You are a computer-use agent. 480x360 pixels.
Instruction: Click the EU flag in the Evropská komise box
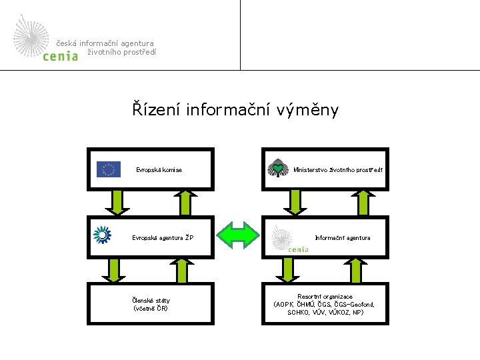108,169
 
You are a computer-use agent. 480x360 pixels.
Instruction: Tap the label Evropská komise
159,170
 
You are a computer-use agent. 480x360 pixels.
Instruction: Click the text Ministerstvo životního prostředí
338,170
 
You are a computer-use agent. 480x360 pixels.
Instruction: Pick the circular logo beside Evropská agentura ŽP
103,235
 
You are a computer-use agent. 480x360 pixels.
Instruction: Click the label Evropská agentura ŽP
163,237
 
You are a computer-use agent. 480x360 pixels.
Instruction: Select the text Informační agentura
343,237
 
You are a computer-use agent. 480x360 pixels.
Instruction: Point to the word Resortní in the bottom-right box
311,297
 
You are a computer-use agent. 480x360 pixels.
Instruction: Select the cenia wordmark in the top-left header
60,57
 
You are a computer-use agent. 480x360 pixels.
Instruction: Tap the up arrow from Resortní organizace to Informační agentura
357,270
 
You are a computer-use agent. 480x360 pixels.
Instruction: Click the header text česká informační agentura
105,43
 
